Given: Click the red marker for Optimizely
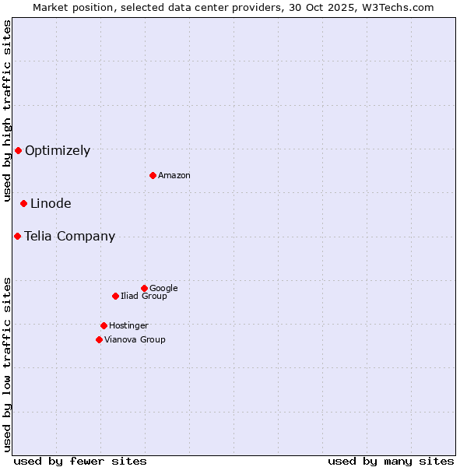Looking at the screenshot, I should click(x=18, y=150).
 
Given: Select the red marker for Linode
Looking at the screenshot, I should click(x=23, y=203).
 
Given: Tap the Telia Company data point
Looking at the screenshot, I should click(x=17, y=236).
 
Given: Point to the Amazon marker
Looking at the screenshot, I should click(x=153, y=175).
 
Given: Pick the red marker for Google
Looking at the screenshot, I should click(x=144, y=288).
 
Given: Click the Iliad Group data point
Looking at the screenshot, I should click(x=115, y=296).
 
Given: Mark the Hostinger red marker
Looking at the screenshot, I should click(x=104, y=325).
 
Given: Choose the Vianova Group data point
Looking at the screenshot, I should click(x=99, y=339).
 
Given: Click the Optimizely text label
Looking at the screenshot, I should click(x=58, y=151).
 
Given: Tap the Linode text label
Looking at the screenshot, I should click(x=51, y=204).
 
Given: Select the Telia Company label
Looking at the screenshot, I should click(x=69, y=237).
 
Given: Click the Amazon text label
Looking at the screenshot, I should click(x=174, y=176).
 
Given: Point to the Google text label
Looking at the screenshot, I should click(x=163, y=289).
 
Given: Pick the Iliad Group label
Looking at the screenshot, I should click(x=144, y=297).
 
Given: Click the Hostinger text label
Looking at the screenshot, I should click(x=128, y=326).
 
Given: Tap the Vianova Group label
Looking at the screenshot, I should click(x=135, y=340).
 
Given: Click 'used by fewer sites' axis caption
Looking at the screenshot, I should click(x=80, y=462).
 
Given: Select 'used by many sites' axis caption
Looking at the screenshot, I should click(x=391, y=462).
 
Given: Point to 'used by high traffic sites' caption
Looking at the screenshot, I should click(x=8, y=111).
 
